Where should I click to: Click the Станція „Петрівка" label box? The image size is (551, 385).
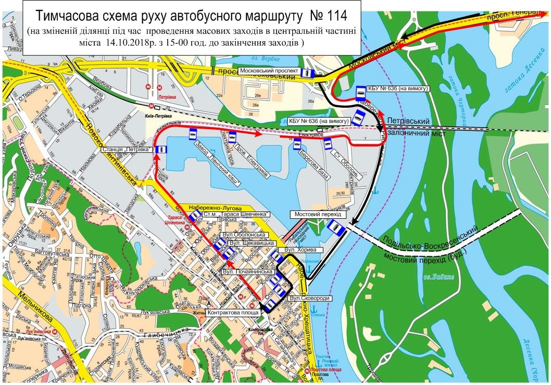coord(127,150)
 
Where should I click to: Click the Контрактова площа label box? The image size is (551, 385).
coord(232,313)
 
